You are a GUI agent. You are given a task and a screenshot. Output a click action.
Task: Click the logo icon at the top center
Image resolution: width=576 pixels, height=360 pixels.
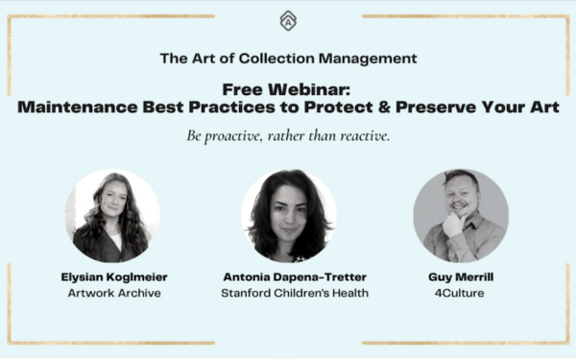pos(288,20)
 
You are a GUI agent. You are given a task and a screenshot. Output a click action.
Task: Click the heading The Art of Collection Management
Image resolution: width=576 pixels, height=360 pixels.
pos(288,58)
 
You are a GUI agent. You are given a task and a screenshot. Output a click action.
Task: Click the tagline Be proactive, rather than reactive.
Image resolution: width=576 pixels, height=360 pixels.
pos(288,135)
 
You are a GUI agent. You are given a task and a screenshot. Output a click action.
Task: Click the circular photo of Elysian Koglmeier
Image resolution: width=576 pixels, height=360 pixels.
pos(112,216)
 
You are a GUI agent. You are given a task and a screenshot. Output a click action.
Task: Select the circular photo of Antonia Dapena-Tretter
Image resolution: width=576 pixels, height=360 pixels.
pos(288,216)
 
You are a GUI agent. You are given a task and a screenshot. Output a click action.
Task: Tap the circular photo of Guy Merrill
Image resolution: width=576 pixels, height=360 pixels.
pos(461,216)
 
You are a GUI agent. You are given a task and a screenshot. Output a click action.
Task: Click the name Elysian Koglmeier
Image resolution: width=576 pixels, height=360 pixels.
pos(113,276)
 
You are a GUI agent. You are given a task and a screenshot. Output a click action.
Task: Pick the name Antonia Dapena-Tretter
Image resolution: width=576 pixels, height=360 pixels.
pos(288,276)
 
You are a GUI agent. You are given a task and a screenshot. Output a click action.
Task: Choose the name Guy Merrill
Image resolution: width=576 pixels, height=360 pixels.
pos(461,276)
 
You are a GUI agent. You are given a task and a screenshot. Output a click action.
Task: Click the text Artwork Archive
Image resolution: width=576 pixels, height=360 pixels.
pos(113,293)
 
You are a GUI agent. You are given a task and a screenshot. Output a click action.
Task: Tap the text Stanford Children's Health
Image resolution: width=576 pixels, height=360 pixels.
pos(288,293)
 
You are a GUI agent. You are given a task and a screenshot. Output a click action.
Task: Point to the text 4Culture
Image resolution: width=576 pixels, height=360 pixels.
pos(461,293)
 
